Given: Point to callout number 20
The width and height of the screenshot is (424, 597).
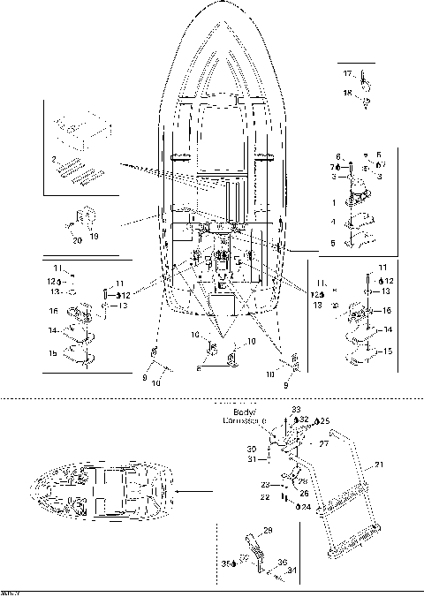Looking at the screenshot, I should pos(76,239).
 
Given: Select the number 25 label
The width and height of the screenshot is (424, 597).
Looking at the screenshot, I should pos(325,420).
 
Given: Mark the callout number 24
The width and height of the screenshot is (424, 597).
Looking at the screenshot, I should pos(306,507).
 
